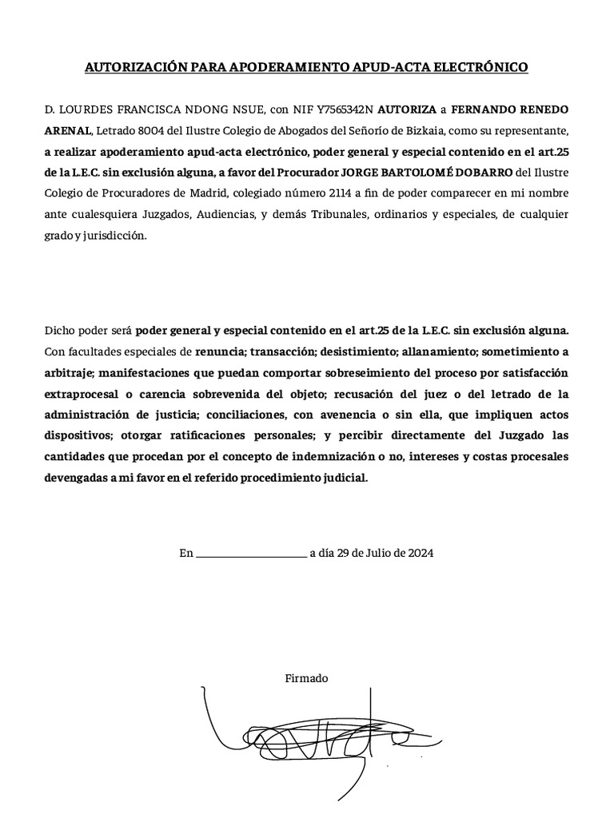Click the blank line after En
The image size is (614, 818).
click(x=250, y=553)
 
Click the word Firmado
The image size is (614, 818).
click(x=306, y=678)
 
